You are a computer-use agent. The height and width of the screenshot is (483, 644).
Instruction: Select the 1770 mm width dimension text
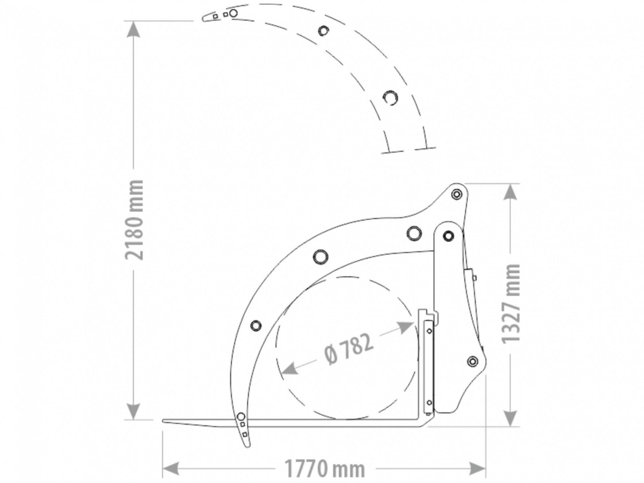click(325, 469)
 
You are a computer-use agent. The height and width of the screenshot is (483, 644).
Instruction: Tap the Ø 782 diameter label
click(348, 349)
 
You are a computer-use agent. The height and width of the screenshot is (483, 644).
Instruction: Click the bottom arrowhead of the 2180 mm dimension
click(133, 411)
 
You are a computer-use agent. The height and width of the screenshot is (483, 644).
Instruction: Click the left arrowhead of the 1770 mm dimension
click(171, 469)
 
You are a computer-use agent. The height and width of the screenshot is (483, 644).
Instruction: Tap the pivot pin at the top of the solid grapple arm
click(457, 194)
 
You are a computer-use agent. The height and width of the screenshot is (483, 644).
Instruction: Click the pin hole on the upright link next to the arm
click(448, 236)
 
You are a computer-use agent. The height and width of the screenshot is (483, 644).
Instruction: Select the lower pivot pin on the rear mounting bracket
click(472, 362)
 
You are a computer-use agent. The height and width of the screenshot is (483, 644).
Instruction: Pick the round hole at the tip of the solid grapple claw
click(241, 417)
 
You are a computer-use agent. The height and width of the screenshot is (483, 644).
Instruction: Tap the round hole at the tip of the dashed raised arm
click(234, 13)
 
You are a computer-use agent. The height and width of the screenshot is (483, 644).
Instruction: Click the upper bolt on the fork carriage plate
click(429, 331)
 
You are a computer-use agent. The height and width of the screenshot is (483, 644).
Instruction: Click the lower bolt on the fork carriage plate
click(429, 402)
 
